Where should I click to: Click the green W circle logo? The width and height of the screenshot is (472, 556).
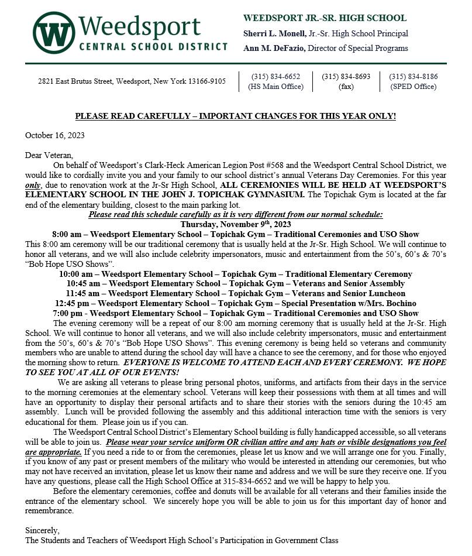click(53, 33)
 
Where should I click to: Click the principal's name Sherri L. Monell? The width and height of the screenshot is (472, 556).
click(271, 34)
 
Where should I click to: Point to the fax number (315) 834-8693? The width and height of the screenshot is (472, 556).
click(346, 77)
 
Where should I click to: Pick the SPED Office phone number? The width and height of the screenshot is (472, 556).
click(413, 77)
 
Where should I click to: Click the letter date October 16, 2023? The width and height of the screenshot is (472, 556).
click(55, 135)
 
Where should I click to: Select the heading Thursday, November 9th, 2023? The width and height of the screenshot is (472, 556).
click(235, 224)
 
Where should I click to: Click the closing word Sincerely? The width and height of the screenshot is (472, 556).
click(43, 530)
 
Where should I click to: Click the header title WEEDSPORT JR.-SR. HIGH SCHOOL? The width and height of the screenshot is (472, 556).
click(325, 18)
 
